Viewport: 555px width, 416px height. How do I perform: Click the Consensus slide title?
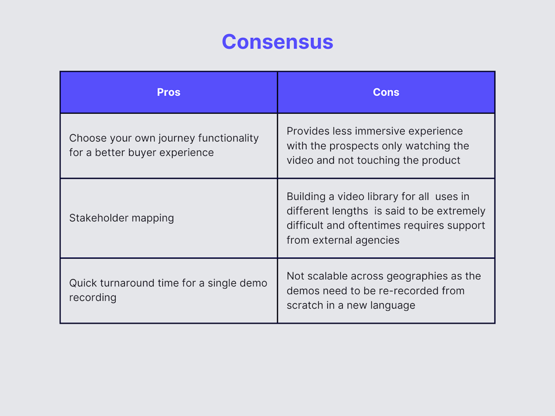(x=277, y=42)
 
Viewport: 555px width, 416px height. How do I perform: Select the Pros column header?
(x=168, y=92)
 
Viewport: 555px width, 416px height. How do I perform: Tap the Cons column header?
(x=386, y=92)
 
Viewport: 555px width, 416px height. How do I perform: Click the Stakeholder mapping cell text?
(x=122, y=218)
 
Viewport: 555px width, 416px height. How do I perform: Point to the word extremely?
(x=464, y=211)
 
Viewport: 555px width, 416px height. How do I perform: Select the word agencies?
(x=378, y=240)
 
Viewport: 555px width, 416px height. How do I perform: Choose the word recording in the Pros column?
(x=92, y=297)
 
